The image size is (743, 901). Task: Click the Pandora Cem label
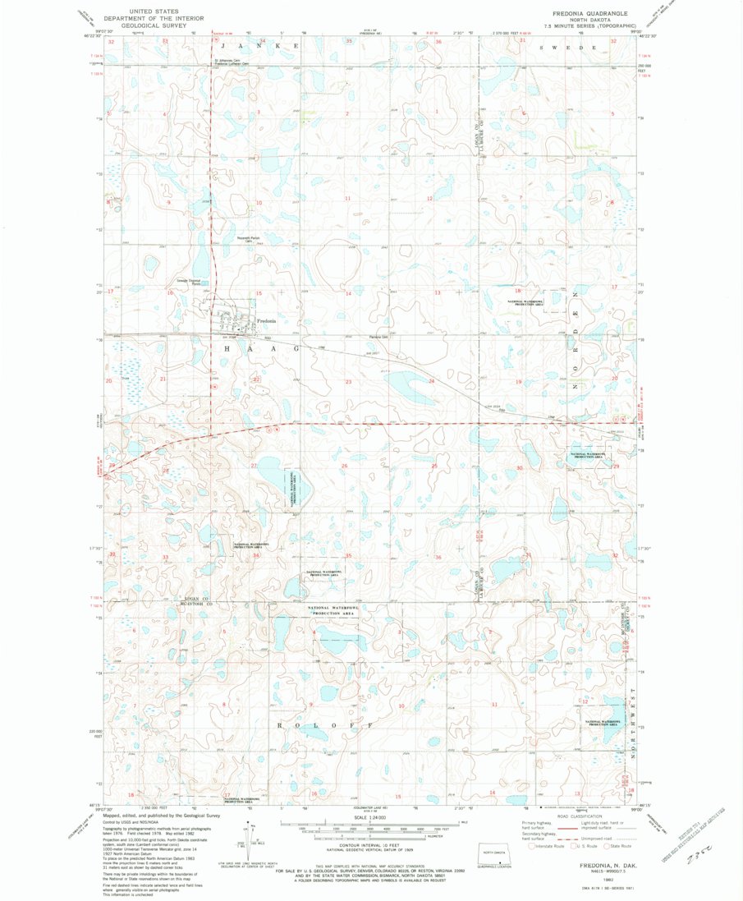click(x=375, y=336)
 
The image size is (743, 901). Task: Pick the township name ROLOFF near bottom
click(x=327, y=726)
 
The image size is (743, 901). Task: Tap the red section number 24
click(x=431, y=381)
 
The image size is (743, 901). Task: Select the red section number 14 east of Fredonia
click(x=348, y=293)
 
